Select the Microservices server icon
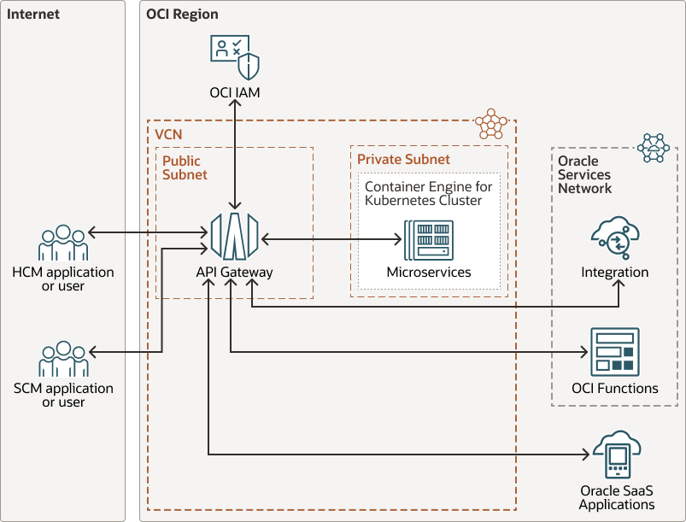(x=429, y=241)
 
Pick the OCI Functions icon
(x=614, y=351)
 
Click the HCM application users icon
(x=62, y=243)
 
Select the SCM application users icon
(x=62, y=360)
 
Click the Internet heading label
(x=33, y=15)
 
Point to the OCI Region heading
(x=182, y=15)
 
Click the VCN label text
(x=168, y=135)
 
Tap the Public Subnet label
(x=185, y=167)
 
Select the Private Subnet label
(x=403, y=160)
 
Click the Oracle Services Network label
(x=584, y=174)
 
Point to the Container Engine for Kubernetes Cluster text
(x=428, y=193)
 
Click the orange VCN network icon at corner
(x=492, y=124)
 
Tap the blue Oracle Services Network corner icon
(x=654, y=147)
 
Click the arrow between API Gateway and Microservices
(x=333, y=240)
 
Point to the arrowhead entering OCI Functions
(x=585, y=351)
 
